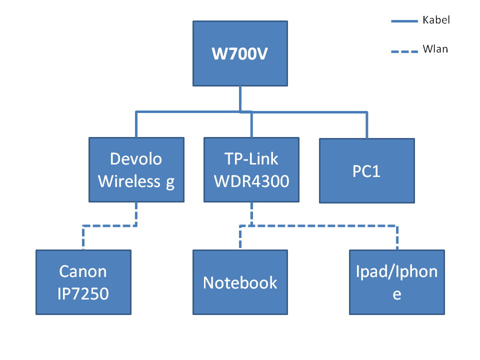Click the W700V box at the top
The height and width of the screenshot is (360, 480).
click(x=240, y=53)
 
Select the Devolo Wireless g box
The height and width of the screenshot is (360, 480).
click(x=136, y=170)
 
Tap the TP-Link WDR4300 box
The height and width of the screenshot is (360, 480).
click(x=251, y=170)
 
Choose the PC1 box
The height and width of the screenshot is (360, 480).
click(x=367, y=170)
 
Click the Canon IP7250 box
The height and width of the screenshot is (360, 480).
click(x=83, y=282)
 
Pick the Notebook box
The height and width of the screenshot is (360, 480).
click(x=240, y=282)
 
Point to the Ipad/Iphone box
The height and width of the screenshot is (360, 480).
click(x=397, y=282)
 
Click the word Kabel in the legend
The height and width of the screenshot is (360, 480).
click(x=436, y=20)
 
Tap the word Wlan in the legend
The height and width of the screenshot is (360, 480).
click(x=435, y=49)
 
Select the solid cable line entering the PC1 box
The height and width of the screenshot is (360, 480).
click(x=367, y=125)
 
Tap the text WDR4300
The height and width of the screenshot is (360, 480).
click(x=251, y=181)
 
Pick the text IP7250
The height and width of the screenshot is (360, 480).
click(x=83, y=293)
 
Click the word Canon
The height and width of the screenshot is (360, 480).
click(x=83, y=271)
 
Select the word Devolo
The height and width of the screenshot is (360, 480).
click(x=136, y=159)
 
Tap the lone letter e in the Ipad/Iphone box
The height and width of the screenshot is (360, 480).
click(x=397, y=294)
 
